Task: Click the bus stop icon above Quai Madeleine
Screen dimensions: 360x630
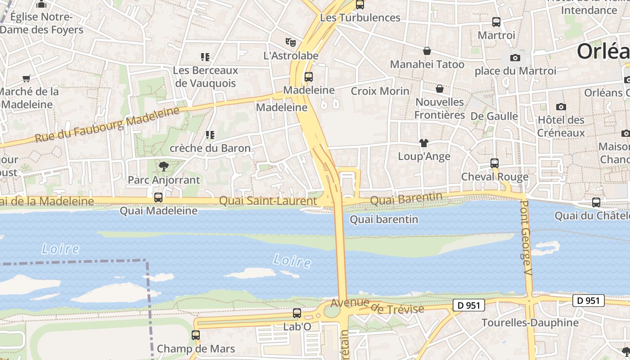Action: tap(158, 197)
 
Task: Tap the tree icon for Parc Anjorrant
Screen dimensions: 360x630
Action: tap(164, 166)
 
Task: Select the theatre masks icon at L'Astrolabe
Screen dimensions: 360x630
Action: tap(291, 42)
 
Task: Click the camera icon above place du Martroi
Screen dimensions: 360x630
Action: tap(515, 58)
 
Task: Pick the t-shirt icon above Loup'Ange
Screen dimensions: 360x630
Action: tap(424, 143)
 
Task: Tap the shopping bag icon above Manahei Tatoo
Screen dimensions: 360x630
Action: tap(427, 51)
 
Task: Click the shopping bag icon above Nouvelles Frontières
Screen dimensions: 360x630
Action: tap(440, 89)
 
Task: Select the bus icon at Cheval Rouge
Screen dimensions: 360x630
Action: tap(495, 163)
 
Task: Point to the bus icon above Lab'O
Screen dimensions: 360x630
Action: tap(297, 313)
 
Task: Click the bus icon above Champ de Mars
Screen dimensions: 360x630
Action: tap(196, 335)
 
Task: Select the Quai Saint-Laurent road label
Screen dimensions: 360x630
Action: tap(268, 201)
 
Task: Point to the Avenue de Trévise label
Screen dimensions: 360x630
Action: tap(377, 306)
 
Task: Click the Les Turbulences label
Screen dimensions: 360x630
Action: tap(360, 18)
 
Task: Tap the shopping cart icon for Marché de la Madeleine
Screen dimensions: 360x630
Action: tap(27, 78)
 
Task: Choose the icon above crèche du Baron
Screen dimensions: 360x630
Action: tap(210, 135)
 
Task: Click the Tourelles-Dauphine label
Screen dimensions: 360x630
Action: tap(530, 323)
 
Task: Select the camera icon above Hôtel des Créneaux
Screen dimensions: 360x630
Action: tap(561, 107)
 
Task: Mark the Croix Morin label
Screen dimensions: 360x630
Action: tap(380, 91)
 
